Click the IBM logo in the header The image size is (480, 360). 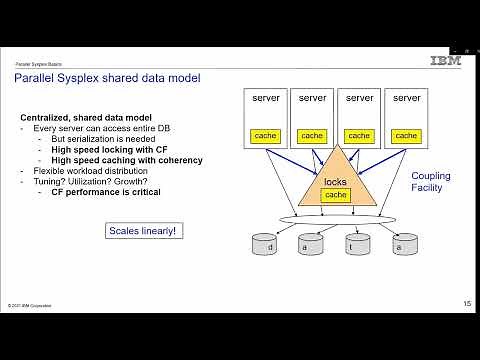(445, 61)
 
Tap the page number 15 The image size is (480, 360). (467, 303)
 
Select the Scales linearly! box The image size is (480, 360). (144, 231)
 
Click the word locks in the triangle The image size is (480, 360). (336, 182)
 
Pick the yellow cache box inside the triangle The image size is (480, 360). (336, 195)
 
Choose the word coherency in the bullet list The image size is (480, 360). (180, 160)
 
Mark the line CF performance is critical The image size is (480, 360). (113, 191)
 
